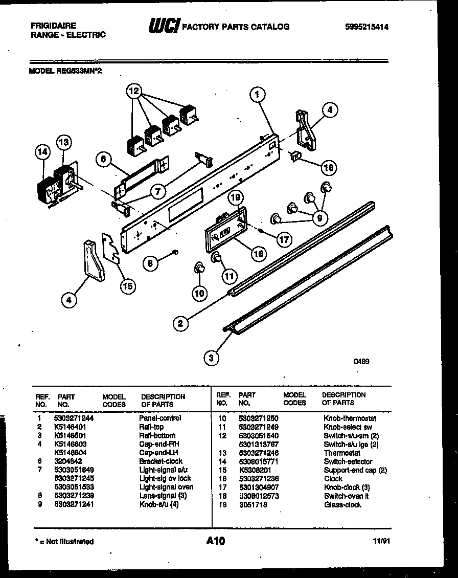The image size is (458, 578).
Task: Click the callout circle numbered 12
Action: [x=133, y=92]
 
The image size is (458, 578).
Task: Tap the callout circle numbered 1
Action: [x=258, y=94]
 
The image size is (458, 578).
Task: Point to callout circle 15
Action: [x=128, y=286]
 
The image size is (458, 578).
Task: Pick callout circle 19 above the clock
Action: [x=236, y=198]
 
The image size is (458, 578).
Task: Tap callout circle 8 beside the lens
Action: [x=150, y=263]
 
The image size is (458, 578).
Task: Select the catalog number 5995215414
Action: [x=367, y=27]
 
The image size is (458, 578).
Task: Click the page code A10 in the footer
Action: [x=216, y=541]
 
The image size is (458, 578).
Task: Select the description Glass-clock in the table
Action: [x=342, y=505]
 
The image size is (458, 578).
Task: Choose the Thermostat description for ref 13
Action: [x=342, y=453]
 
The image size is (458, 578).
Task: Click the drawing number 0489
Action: [x=361, y=361]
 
